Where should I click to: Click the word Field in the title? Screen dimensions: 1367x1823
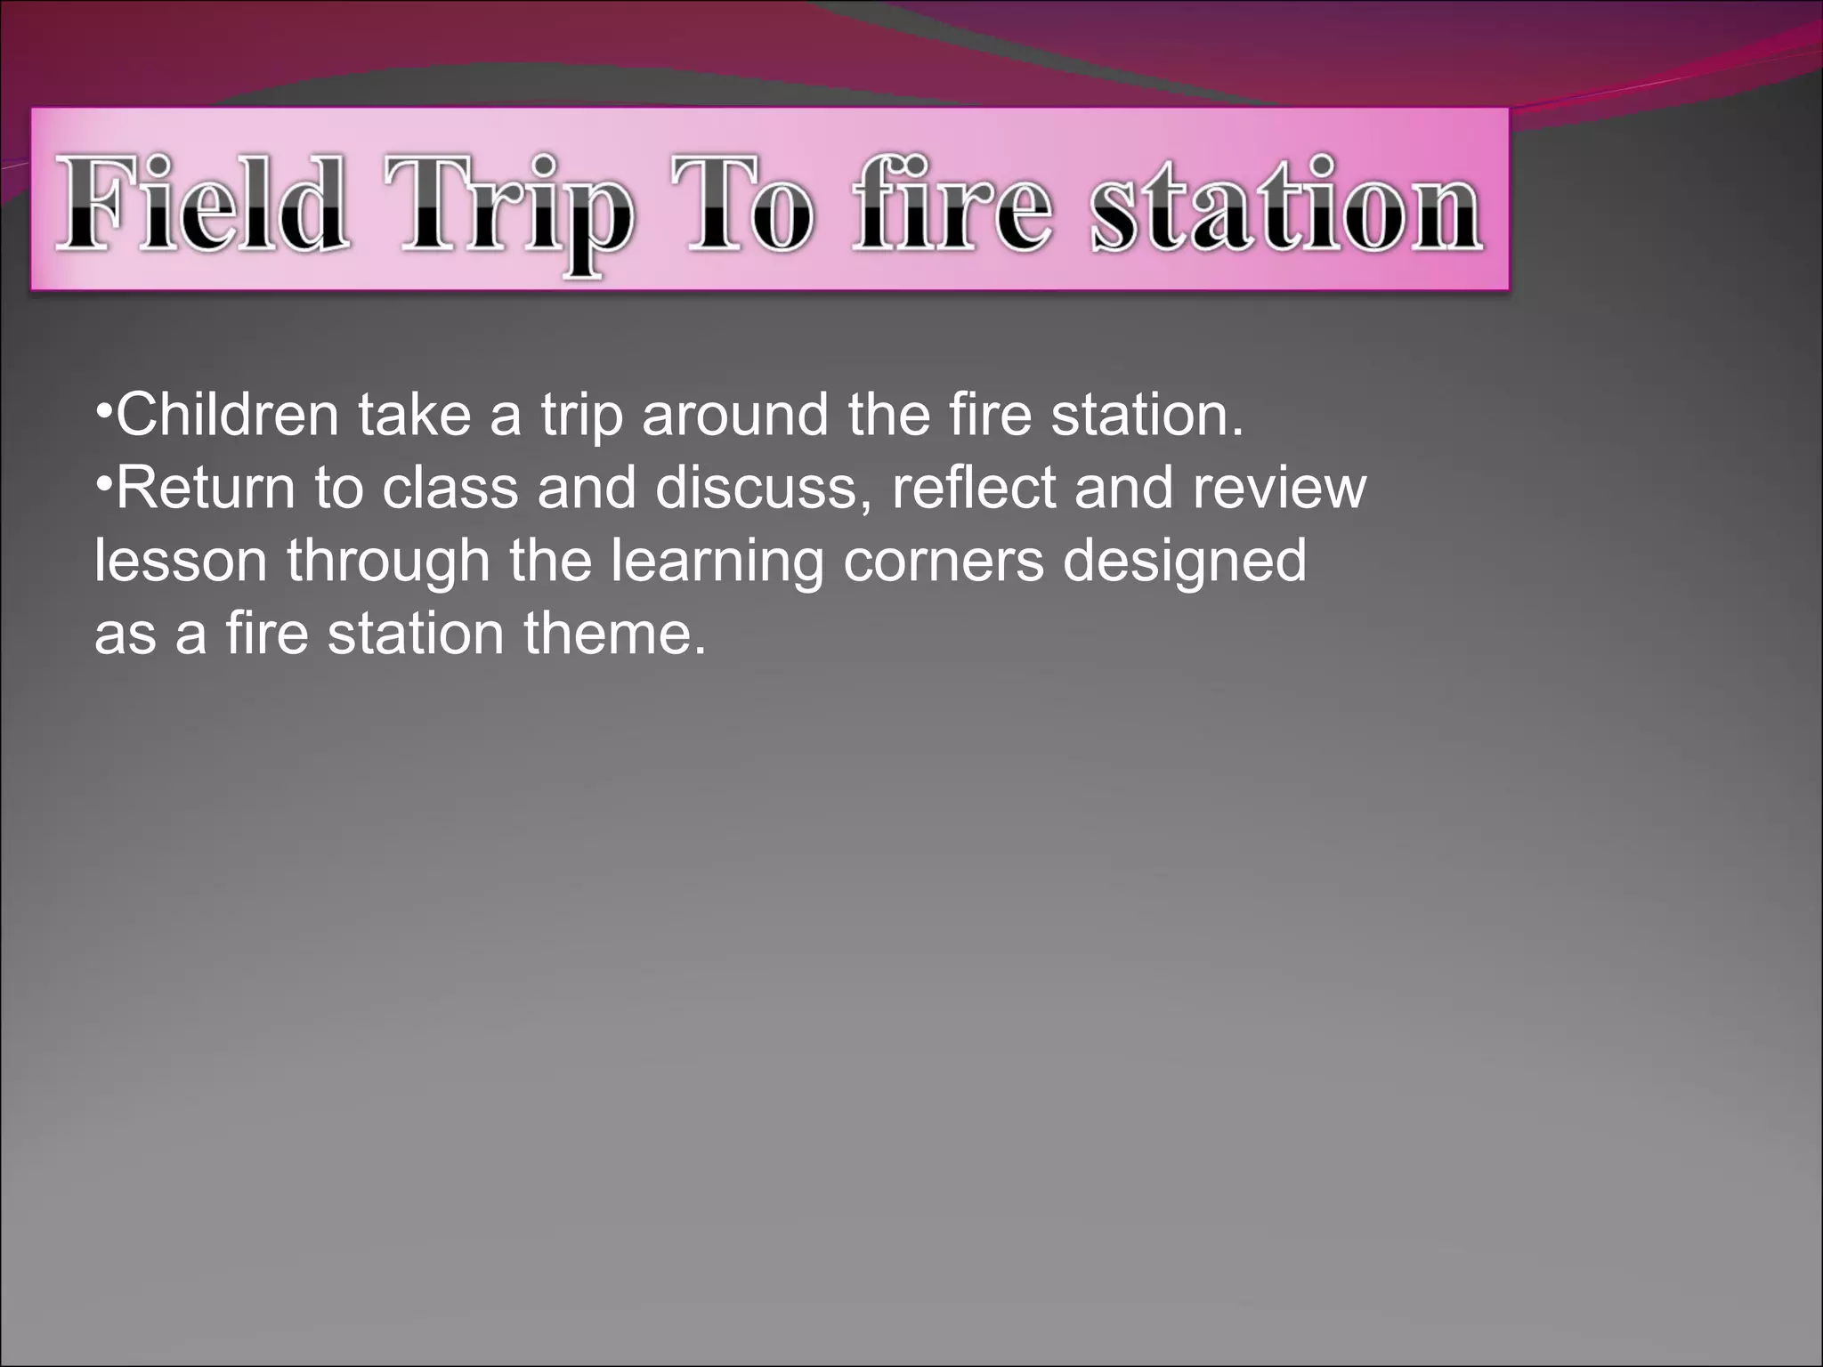click(201, 204)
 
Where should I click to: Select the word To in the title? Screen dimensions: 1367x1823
click(741, 204)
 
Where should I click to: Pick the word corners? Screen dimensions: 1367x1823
click(943, 561)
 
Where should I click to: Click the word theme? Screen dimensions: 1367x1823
click(614, 634)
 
